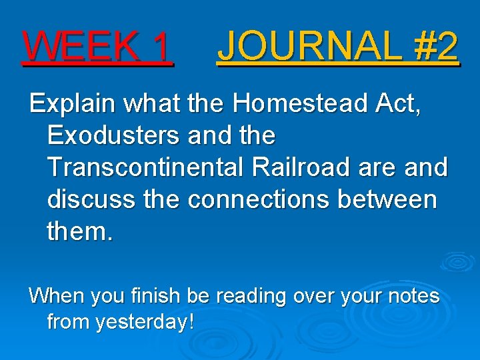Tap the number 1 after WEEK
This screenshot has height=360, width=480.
pyautogui.click(x=161, y=47)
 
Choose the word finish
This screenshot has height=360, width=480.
pyautogui.click(x=165, y=295)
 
